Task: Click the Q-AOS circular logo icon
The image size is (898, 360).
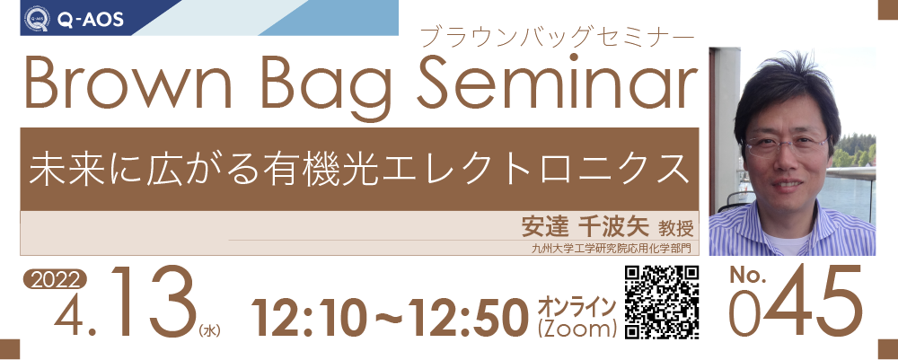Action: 37,20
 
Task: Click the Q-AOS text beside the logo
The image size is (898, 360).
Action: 91,21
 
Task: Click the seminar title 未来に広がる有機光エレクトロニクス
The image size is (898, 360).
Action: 358,168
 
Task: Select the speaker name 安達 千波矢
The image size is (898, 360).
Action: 585,226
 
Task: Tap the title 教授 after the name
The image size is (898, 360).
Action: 675,228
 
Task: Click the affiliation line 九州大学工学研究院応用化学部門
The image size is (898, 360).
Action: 611,249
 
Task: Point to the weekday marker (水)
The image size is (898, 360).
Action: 209,330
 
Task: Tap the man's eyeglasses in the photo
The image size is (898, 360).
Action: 788,145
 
